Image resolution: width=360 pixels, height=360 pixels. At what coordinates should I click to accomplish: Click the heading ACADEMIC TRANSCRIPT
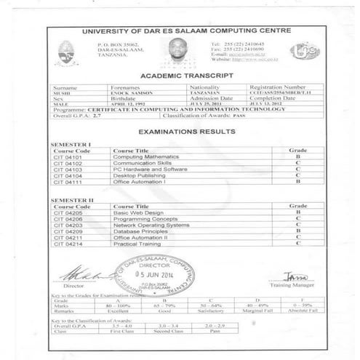186,75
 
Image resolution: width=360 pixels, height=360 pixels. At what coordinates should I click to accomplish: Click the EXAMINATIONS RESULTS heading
186,132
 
